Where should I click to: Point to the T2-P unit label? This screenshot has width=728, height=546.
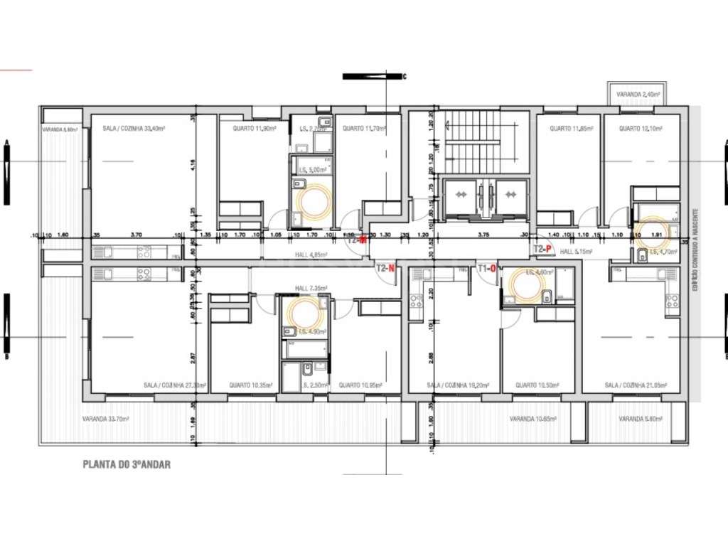542,249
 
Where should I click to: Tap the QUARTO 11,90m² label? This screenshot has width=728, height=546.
255,129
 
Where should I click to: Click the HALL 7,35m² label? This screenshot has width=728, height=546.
311,289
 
